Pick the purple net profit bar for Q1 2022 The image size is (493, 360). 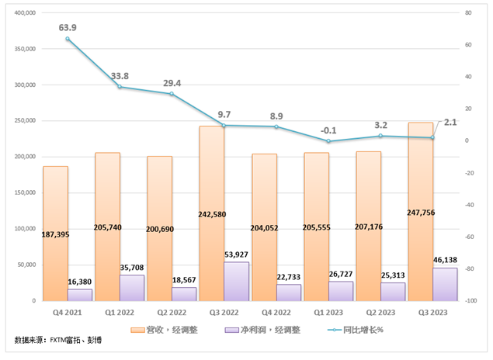pos(131,288)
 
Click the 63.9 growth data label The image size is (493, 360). pos(68,27)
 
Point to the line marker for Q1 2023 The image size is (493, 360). pos(328,141)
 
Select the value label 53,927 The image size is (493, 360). pos(237,254)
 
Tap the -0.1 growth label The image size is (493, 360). pos(328,130)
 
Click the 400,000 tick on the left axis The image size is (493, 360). pos(25,13)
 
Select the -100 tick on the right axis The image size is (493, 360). pos(470,301)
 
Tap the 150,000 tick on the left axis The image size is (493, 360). pos(25,193)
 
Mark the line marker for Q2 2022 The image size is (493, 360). pos(172,94)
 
